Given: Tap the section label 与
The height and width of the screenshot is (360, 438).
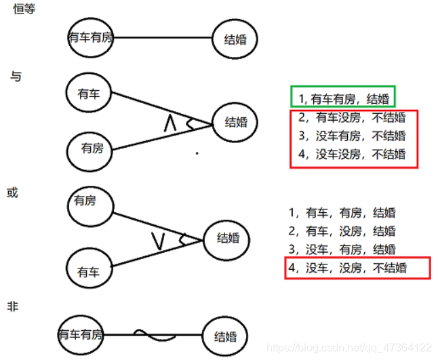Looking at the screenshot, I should tap(16, 77).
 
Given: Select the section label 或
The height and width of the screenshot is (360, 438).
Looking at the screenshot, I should tap(12, 193).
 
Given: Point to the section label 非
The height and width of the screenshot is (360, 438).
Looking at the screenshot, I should tap(12, 307).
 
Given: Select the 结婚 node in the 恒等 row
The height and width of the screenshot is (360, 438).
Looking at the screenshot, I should tap(235, 39).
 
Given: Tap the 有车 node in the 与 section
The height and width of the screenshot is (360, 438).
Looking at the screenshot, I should tap(89, 94).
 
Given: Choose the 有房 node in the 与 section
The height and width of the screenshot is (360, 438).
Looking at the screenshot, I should tap(92, 148).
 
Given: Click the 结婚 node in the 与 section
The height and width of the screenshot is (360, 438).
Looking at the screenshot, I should tap(236, 123).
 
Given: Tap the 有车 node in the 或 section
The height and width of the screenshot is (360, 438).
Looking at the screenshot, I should tap(89, 272).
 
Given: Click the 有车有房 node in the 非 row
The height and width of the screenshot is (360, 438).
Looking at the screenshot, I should tap(81, 334).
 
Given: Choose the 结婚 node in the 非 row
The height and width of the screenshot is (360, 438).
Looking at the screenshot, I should tap(226, 336).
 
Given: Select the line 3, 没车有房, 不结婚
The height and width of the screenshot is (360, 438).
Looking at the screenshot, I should tap(353, 136).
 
